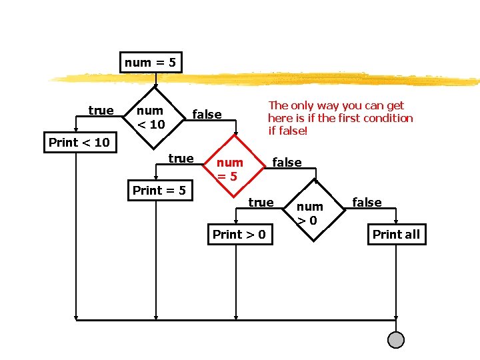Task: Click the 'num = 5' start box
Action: pyautogui.click(x=151, y=63)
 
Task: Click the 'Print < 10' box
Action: pyautogui.click(x=79, y=142)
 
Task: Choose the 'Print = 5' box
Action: pyautogui.click(x=159, y=191)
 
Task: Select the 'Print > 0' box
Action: pyautogui.click(x=239, y=234)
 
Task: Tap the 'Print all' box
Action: pyautogui.click(x=396, y=234)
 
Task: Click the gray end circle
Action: pyautogui.click(x=396, y=340)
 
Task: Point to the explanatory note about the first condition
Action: pyautogui.click(x=340, y=118)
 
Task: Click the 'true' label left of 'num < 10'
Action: pyautogui.click(x=101, y=110)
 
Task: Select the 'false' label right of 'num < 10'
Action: pyautogui.click(x=207, y=114)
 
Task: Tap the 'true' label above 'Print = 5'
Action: pyautogui.click(x=181, y=158)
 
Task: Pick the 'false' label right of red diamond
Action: pyautogui.click(x=287, y=162)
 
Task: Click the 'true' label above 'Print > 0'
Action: pyautogui.click(x=261, y=202)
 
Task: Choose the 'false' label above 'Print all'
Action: pyautogui.click(x=367, y=202)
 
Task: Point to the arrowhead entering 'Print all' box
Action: pyautogui.click(x=396, y=223)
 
